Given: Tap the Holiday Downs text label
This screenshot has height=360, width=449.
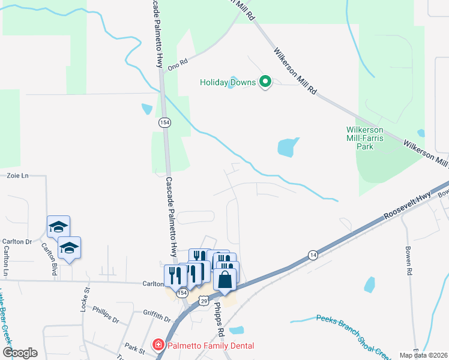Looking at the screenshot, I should coord(228,82).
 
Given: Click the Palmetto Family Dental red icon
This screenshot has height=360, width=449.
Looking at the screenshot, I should coord(157,345).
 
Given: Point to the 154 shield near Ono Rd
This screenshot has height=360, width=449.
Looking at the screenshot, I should coord(164,122).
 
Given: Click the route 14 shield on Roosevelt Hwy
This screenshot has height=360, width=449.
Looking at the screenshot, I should coord(313,255).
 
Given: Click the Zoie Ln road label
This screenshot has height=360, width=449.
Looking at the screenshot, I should coord(17,176).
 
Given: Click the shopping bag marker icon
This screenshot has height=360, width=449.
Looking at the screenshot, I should coord(224,280).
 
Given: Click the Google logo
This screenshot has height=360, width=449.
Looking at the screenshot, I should coord(20,353).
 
